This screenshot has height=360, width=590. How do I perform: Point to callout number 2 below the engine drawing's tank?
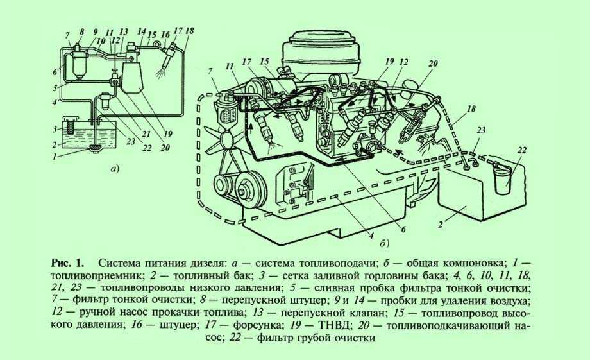439,225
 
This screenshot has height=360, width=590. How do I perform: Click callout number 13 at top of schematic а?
123,31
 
